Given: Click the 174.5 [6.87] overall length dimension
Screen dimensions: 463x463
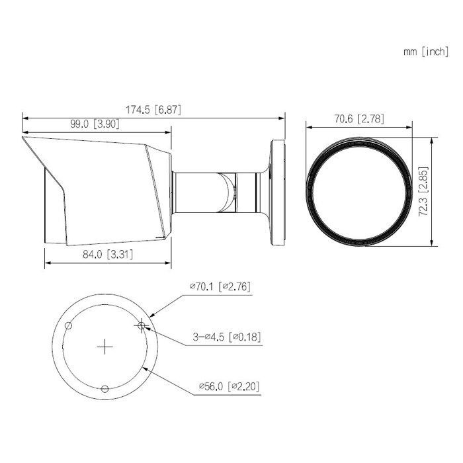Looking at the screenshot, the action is [153, 110].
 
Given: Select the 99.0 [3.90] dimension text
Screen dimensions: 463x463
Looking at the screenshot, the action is [95, 124].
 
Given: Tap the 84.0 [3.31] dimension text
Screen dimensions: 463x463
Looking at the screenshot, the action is [108, 254].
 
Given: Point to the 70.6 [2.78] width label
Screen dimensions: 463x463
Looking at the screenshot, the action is [359, 119].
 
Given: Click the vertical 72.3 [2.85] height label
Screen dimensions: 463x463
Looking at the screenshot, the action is [423, 192].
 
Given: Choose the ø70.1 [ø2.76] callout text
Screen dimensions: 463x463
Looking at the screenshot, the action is [220, 286].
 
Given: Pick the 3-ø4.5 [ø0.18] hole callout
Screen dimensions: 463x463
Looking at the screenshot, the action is [227, 337].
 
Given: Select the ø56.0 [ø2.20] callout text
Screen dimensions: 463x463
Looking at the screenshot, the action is [230, 386].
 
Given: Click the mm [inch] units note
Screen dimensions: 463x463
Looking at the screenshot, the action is [426, 52].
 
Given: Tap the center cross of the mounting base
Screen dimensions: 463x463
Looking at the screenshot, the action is [105, 347].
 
